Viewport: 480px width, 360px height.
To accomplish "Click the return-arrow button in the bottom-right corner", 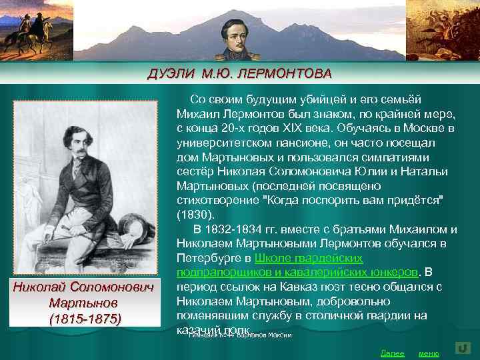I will point(463,349).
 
